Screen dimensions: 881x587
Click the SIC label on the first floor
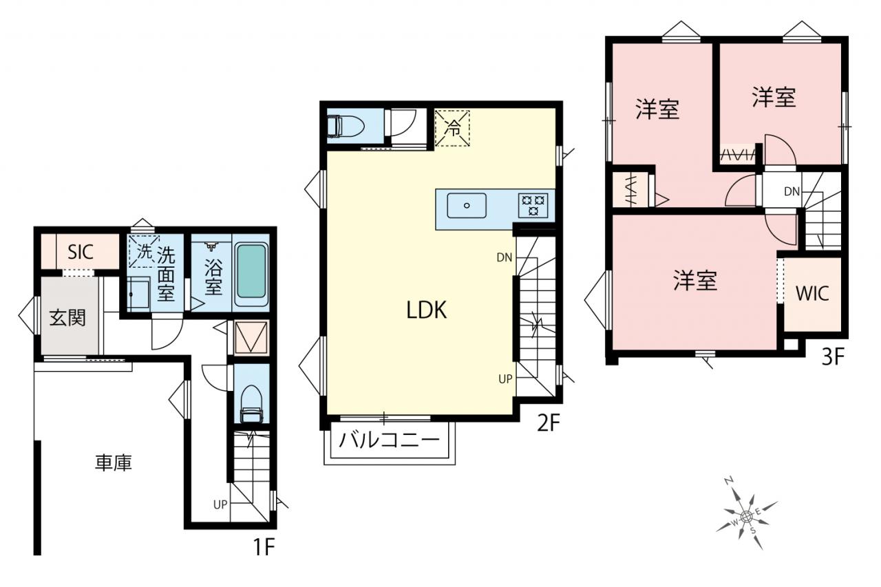coord(81,252)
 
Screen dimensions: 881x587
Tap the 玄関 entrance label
coord(67,318)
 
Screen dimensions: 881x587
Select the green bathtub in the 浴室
coord(252,271)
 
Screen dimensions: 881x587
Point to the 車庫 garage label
coord(114,462)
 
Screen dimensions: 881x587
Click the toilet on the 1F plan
coord(251,403)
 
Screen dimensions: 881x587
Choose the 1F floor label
coord(264,546)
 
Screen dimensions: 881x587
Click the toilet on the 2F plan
coord(346,126)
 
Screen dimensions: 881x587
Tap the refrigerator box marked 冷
coord(452,128)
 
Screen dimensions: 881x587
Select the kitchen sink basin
coord(467,205)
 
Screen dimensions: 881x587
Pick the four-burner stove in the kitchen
coord(533,205)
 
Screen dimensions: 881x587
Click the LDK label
coord(426,310)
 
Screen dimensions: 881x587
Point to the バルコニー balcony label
coord(390,440)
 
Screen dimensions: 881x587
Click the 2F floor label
coord(549,423)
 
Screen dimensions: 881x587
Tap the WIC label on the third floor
coord(813,293)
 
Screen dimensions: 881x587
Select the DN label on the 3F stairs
coord(792,191)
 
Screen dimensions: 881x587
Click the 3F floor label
coord(833,357)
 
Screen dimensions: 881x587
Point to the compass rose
coord(746,515)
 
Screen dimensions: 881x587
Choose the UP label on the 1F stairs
coord(220,504)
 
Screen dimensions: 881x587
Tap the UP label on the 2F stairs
coord(505,378)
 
